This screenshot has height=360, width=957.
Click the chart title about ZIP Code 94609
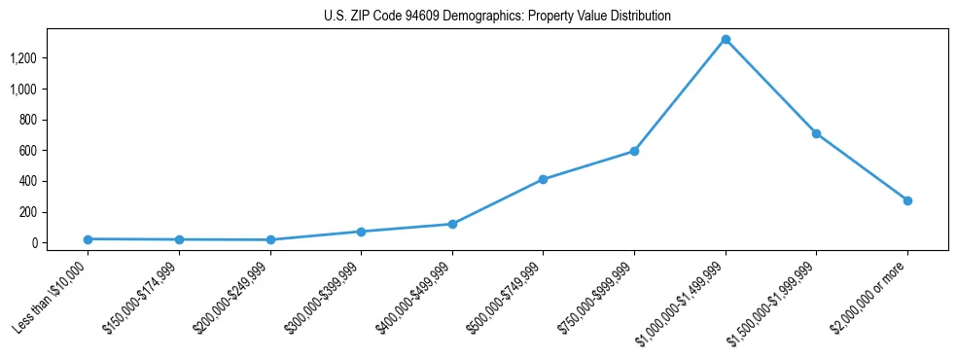pyautogui.click(x=497, y=17)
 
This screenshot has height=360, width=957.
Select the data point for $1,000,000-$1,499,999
pyautogui.click(x=726, y=40)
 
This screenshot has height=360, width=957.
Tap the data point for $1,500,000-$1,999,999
pyautogui.click(x=816, y=133)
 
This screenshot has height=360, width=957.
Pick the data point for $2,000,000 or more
pyautogui.click(x=907, y=200)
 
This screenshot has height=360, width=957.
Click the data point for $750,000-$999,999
pyautogui.click(x=634, y=151)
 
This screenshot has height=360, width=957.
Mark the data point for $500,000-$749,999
pyautogui.click(x=543, y=179)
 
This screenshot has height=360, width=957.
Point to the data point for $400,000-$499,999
pyautogui.click(x=452, y=224)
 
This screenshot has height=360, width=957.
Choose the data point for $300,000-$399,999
pyautogui.click(x=361, y=232)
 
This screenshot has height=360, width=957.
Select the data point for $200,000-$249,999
pyautogui.click(x=270, y=239)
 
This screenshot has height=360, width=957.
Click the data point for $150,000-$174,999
pyautogui.click(x=179, y=239)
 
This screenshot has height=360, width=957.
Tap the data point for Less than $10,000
pyautogui.click(x=88, y=238)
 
